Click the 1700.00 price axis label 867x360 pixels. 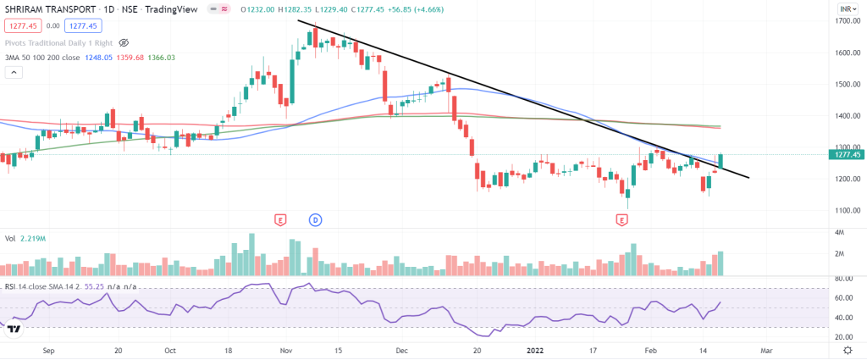pyautogui.click(x=848, y=21)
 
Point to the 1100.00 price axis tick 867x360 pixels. pyautogui.click(x=848, y=210)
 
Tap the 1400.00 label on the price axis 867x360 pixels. pyautogui.click(x=848, y=115)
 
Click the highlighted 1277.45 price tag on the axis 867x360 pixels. pyautogui.click(x=848, y=155)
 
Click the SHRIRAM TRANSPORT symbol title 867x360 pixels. pyautogui.click(x=52, y=9)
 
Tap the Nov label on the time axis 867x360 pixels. pyautogui.click(x=285, y=350)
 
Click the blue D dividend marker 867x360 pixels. pyautogui.click(x=315, y=219)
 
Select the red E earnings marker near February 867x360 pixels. pyautogui.click(x=622, y=219)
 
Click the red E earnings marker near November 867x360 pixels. pyautogui.click(x=279, y=219)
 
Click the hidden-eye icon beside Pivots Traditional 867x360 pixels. pyautogui.click(x=124, y=42)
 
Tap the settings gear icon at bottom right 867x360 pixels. pyautogui.click(x=848, y=350)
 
